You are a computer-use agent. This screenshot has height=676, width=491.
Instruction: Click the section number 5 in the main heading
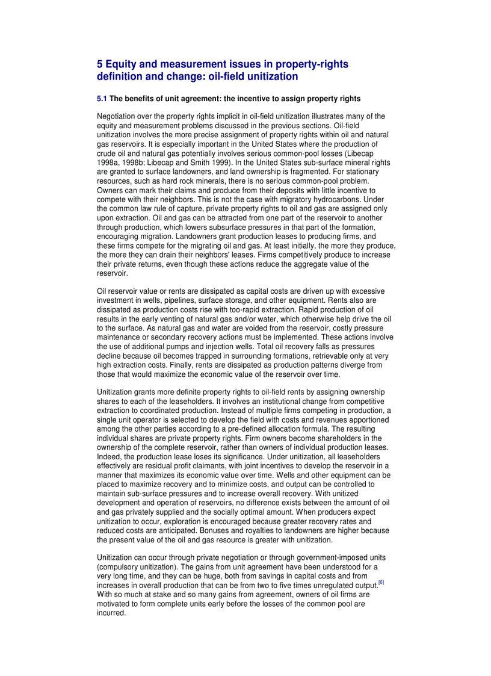coord(100,64)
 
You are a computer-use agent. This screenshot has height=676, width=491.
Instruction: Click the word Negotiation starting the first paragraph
coord(118,116)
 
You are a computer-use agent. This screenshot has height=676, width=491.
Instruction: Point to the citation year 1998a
coord(110,163)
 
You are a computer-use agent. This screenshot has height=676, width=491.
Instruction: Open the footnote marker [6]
coord(381,583)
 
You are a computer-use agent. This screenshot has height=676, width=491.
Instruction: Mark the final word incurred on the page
coord(111,613)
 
